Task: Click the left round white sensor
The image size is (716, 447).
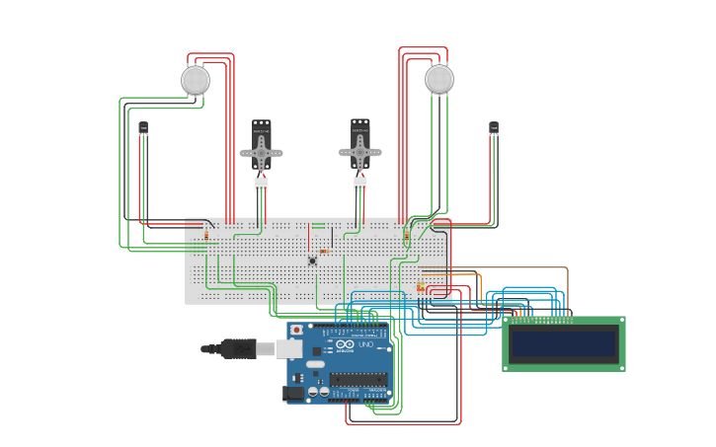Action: click(x=196, y=80)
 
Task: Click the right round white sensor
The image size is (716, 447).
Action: click(x=439, y=79)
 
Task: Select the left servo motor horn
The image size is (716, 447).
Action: click(x=261, y=153)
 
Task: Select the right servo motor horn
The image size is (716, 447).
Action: click(x=360, y=153)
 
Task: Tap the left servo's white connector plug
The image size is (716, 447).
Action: click(x=261, y=184)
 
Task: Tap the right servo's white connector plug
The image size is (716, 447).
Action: click(x=360, y=184)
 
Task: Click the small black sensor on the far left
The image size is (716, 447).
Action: click(x=143, y=128)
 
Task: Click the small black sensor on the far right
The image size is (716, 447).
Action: click(x=494, y=128)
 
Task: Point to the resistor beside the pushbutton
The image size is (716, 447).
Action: click(x=324, y=251)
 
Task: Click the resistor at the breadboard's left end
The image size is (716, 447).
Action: click(x=206, y=235)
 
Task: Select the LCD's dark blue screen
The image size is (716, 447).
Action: click(x=563, y=343)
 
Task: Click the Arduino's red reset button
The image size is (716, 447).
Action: click(x=295, y=330)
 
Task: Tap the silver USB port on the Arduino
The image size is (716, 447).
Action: click(x=288, y=348)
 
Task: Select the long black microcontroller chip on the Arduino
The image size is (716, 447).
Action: click(x=358, y=379)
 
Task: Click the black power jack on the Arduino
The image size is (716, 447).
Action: click(x=293, y=393)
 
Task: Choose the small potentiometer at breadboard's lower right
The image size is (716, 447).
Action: click(x=420, y=287)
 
